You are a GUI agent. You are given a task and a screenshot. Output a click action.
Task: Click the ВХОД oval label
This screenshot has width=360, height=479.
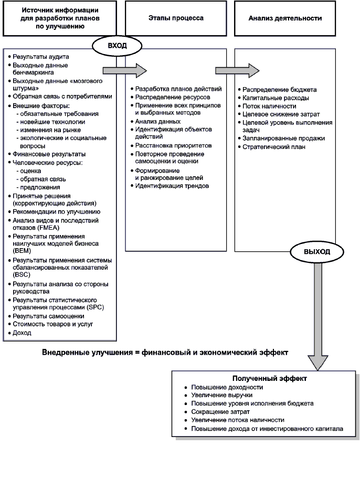[x=114, y=46]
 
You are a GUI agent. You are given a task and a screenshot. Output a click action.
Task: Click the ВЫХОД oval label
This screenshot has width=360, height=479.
[x=317, y=252]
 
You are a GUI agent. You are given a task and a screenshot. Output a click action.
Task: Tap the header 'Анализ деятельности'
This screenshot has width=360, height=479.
[x=285, y=17]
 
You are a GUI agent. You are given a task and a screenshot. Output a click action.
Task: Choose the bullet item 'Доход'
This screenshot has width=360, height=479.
[x=23, y=333]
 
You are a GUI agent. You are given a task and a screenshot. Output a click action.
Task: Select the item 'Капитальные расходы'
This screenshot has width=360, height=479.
[x=276, y=98]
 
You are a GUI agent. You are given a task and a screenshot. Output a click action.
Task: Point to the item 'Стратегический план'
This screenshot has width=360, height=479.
[x=274, y=147]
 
